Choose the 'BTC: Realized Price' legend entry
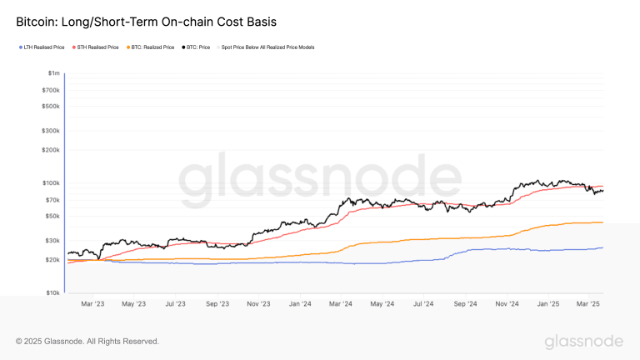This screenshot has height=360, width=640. (152, 47)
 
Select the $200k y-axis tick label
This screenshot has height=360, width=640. (52, 150)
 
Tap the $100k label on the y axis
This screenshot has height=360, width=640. (52, 183)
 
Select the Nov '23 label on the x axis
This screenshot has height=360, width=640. (258, 304)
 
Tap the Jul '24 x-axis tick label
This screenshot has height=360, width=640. (423, 304)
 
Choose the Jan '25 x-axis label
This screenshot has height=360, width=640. (547, 304)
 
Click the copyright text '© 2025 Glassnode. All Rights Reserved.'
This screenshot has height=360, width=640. (87, 342)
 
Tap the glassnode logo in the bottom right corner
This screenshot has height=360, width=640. (583, 342)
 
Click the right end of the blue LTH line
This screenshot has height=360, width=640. (602, 247)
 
